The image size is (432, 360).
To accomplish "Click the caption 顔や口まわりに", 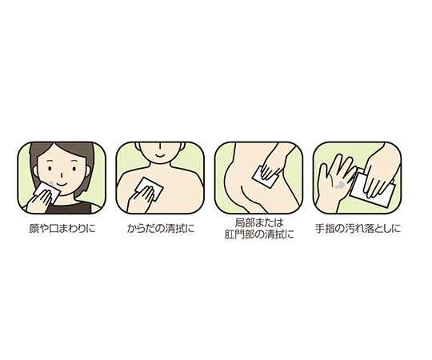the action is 62,228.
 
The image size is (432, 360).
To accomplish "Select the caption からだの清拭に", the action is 161,228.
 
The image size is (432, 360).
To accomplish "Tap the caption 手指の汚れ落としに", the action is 358,228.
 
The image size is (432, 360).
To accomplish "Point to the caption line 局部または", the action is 259,222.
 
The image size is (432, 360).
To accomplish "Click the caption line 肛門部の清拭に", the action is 259,234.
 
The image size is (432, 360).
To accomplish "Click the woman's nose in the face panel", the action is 61,174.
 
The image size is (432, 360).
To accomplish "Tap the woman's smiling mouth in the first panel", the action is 62,184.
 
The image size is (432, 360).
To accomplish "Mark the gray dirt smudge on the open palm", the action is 339,185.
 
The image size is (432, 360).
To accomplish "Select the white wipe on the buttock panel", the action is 264,178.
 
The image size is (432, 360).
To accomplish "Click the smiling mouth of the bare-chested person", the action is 159,154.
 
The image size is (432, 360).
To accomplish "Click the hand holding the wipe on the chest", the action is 141,199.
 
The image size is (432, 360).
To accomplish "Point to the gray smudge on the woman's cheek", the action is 50,183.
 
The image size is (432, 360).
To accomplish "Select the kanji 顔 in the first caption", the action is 34,229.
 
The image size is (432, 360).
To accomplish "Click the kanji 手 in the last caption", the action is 319,229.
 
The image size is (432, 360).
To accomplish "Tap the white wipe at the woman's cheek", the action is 47,192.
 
